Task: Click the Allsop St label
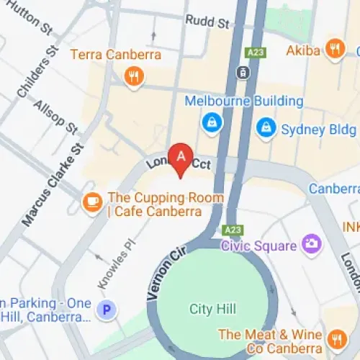(55, 117)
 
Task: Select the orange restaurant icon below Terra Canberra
(132, 77)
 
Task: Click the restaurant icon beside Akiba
(334, 49)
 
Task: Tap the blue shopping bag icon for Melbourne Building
(212, 122)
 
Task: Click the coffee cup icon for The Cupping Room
(92, 202)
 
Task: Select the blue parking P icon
(107, 310)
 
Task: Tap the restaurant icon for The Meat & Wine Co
(336, 339)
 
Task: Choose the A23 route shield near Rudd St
(256, 53)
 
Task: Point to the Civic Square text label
(258, 246)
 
